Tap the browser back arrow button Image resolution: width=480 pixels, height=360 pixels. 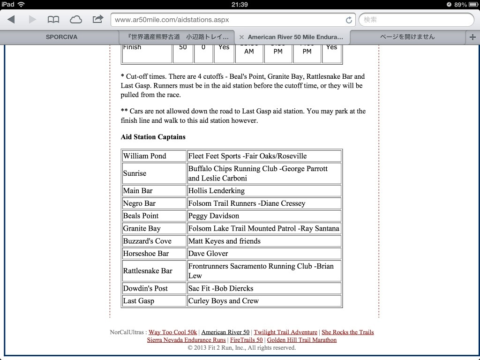(x=11, y=20)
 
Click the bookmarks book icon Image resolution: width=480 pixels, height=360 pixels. (x=54, y=20)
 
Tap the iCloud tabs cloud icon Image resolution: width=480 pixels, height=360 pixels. (x=75, y=20)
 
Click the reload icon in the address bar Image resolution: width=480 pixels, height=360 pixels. (x=348, y=20)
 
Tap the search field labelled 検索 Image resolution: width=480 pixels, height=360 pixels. (x=416, y=20)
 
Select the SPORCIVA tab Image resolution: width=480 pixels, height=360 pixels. (x=61, y=37)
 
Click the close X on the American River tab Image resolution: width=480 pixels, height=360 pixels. (x=241, y=37)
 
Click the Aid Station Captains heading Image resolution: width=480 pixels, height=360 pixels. (x=153, y=137)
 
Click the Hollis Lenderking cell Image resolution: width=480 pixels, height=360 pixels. (x=264, y=191)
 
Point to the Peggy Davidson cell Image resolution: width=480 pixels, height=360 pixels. (x=264, y=216)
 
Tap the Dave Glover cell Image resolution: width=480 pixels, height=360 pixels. (x=264, y=254)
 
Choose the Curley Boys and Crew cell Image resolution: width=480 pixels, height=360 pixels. (x=264, y=301)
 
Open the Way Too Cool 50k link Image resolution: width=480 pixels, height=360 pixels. (x=173, y=332)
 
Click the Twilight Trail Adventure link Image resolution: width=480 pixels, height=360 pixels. (x=285, y=332)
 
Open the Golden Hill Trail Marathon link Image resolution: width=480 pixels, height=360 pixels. (x=302, y=340)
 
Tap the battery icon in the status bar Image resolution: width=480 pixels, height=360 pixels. (x=471, y=4)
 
